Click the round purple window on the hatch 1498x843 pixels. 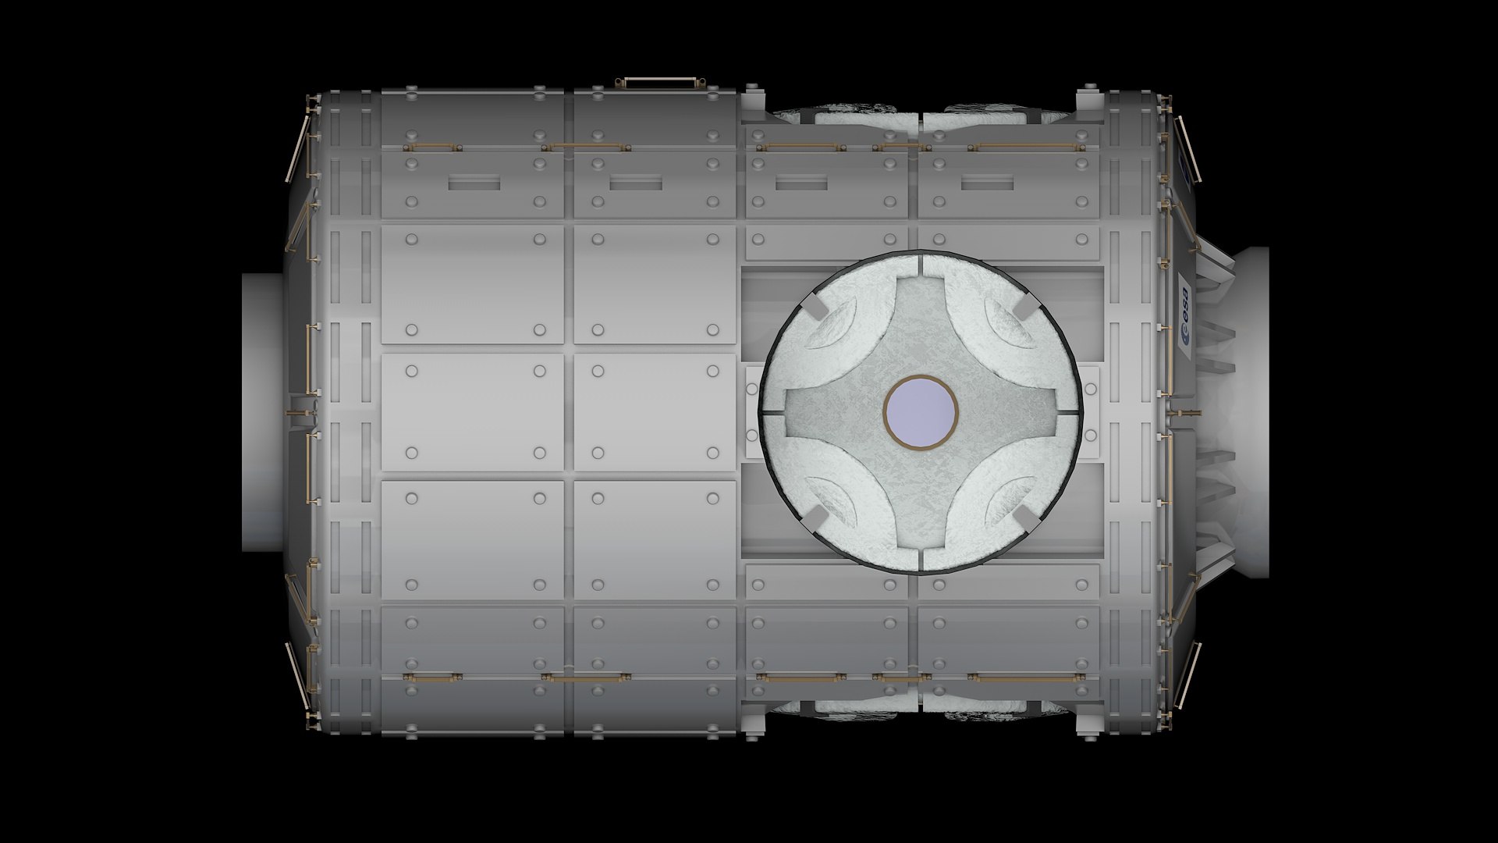tap(921, 411)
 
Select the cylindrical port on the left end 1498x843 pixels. tap(262, 412)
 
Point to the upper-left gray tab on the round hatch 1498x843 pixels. tap(815, 308)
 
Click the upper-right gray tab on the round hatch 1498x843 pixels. tap(1024, 309)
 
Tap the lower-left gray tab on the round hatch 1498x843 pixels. tap(815, 514)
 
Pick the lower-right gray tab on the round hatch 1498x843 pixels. tap(1024, 514)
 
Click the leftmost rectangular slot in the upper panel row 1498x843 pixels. tap(474, 183)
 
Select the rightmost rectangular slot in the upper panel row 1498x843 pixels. tap(986, 183)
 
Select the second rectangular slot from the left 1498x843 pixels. tap(636, 183)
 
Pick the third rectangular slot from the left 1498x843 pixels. tap(801, 183)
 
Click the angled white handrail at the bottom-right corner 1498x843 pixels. tap(1187, 676)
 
